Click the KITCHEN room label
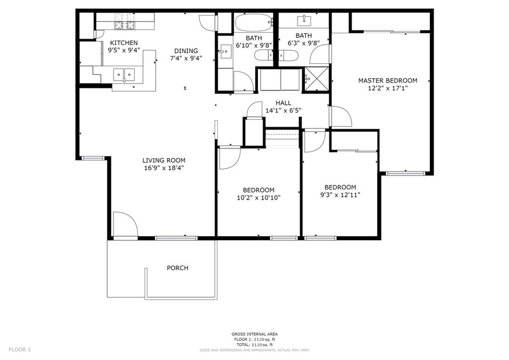coord(124,43)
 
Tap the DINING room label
coord(186,51)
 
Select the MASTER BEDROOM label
coord(388,81)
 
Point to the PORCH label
coord(177,268)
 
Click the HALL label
coord(283,103)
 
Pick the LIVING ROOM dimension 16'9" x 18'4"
coord(164,168)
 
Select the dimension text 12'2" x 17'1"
coord(388,89)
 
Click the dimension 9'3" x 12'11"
coord(340,195)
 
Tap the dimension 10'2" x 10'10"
coord(258,198)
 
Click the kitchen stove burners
coord(125,21)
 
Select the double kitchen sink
coord(124,75)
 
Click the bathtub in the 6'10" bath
coord(254,22)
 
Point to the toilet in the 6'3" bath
coord(289,56)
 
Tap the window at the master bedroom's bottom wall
coord(405,174)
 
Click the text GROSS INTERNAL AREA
coord(254,334)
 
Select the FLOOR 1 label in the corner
coord(19,350)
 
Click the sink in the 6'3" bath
coord(305,20)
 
